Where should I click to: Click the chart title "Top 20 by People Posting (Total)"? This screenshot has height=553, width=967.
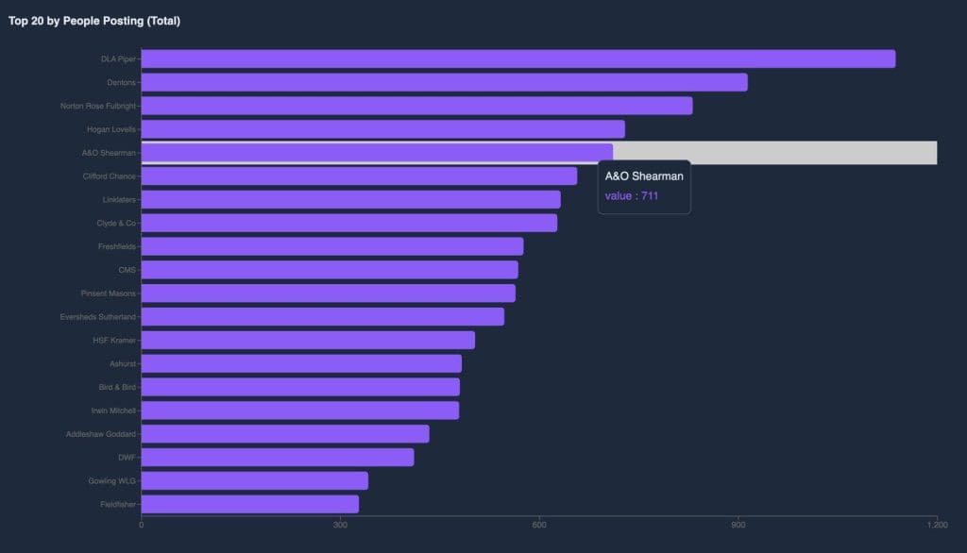[94, 21]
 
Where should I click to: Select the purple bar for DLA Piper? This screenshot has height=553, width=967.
[517, 59]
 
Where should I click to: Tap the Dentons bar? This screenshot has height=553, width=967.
[444, 82]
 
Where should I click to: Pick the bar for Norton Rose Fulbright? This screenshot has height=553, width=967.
[416, 106]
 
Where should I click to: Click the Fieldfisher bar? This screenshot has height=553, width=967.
[249, 504]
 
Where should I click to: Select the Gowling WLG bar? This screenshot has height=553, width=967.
[254, 480]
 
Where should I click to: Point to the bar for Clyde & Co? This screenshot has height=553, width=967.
[348, 223]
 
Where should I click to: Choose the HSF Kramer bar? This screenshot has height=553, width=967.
[308, 340]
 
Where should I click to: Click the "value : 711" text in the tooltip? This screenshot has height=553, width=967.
[632, 196]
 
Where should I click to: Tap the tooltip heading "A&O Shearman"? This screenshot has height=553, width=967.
[644, 176]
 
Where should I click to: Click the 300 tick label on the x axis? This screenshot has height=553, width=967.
[340, 524]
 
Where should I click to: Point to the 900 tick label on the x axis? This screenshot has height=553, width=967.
[738, 524]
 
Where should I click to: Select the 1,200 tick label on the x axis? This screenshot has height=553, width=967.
[937, 524]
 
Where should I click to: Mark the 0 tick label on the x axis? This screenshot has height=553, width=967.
[141, 524]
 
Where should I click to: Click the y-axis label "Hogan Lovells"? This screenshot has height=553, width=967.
[111, 129]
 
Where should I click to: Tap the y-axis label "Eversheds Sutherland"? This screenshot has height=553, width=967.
[97, 316]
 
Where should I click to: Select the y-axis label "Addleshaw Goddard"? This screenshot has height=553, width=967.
[101, 434]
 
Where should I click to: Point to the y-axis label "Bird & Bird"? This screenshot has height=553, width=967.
[117, 387]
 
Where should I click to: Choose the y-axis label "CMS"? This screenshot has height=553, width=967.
[127, 270]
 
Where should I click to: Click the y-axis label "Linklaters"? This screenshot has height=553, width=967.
[119, 199]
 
